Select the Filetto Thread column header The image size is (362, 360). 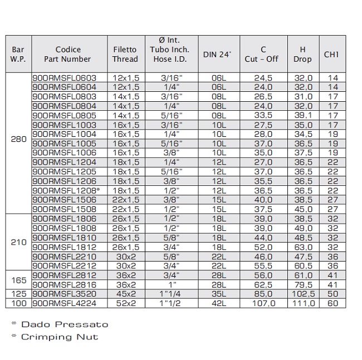point(125,54)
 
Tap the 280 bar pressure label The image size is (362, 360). point(19,139)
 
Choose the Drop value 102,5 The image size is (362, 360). point(303,294)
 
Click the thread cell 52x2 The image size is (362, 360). point(125,303)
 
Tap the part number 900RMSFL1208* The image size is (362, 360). point(65,190)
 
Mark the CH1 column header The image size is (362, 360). point(332,54)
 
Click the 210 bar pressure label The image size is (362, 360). point(19,242)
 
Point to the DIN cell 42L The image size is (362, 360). point(219,303)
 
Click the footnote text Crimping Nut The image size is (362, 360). point(60,337)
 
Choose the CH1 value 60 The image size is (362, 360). point(332,303)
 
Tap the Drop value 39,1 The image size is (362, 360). point(303,115)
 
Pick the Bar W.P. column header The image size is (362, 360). point(18,54)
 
